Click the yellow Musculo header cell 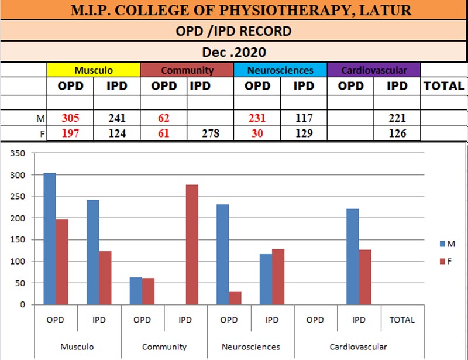click(94, 70)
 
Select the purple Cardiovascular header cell click(374, 70)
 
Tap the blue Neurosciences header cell click(280, 70)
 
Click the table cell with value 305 click(70, 118)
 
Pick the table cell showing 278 click(210, 133)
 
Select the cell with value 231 click(257, 118)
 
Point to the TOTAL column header click(444, 85)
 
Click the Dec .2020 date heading click(233, 52)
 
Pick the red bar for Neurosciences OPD click(235, 298)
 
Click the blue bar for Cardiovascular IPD click(352, 257)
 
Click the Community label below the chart click(164, 347)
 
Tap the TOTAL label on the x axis click(401, 320)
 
